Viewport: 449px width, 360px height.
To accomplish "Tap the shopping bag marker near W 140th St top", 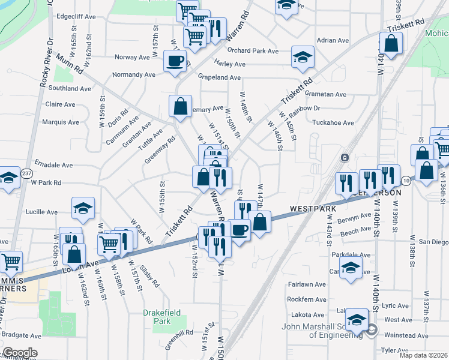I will [x=391, y=44].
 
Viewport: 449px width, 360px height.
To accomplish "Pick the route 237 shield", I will [x=26, y=173].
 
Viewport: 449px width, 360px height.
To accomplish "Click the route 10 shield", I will [x=406, y=180].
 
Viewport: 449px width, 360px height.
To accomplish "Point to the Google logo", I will [x=20, y=353].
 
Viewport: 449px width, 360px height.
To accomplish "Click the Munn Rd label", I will [x=70, y=65].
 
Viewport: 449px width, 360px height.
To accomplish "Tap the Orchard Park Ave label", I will [x=253, y=51].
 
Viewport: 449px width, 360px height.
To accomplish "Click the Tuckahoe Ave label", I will [x=333, y=122].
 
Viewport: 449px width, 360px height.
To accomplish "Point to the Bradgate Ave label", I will [x=22, y=334].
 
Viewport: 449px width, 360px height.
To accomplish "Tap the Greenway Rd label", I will [x=160, y=150].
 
